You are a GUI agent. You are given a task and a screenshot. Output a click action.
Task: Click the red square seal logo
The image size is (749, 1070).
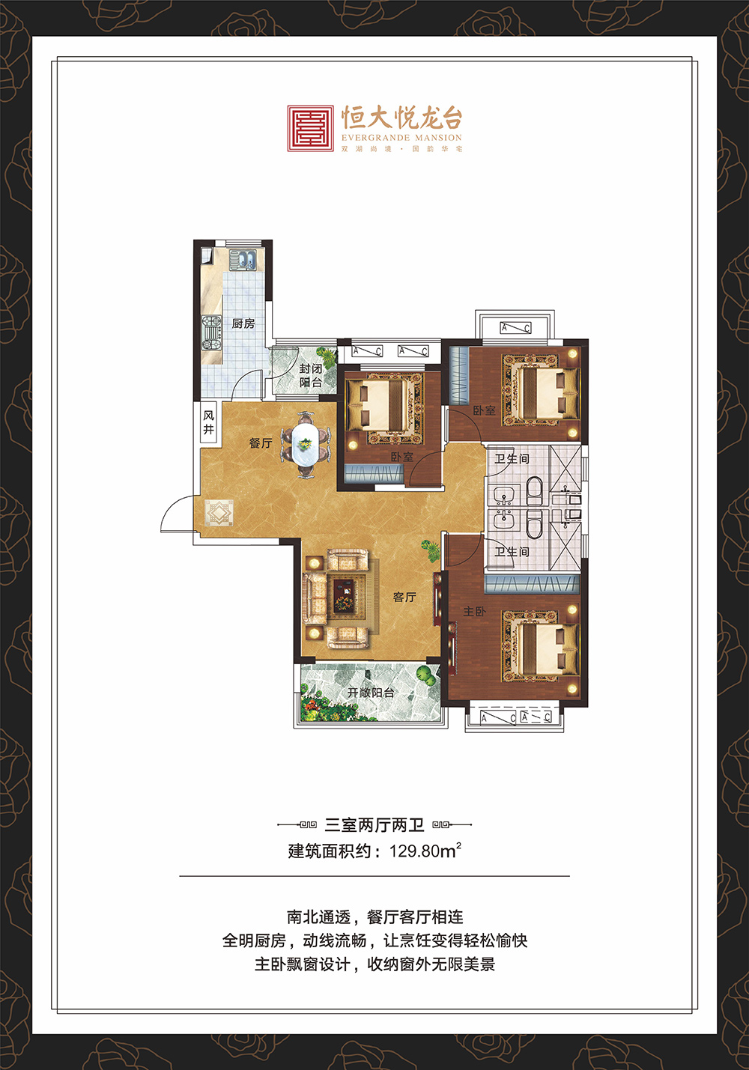pos(311,129)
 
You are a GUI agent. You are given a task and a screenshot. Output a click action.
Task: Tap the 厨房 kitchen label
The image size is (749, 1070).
pos(243,323)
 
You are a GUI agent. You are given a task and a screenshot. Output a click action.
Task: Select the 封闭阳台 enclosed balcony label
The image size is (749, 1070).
pos(311,375)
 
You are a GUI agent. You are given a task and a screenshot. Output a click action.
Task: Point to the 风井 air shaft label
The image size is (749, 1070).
pos(209,422)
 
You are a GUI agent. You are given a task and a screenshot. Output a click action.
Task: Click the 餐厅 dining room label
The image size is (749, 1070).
pos(261,443)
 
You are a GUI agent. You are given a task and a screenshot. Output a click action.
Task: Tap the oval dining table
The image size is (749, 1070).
pos(306,444)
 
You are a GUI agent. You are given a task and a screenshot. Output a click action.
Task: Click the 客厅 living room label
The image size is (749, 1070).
pos(404,597)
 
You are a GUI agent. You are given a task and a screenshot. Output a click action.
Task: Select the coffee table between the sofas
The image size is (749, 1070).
pos(344,596)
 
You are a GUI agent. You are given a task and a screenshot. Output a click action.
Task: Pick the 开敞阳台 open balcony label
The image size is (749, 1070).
pos(371,693)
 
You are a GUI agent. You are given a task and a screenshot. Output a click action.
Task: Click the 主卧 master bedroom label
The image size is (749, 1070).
pos(474,612)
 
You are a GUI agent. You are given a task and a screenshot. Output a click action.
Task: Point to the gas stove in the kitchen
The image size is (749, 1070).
pos(211,332)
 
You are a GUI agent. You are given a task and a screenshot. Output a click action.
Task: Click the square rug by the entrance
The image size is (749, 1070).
pos(219,513)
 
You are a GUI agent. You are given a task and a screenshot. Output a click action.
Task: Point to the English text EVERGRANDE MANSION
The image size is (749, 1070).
pos(401,138)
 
